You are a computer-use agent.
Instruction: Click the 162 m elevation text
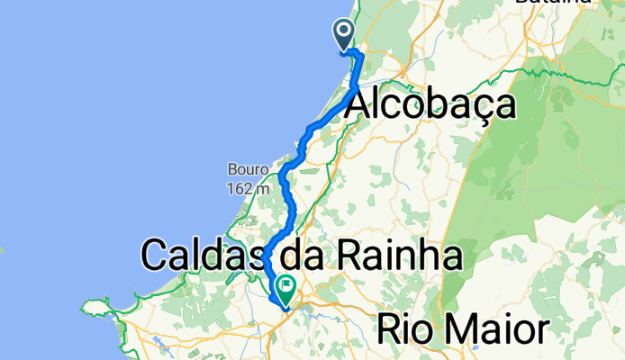[x=247, y=189]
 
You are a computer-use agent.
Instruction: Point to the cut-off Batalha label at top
[x=553, y=4]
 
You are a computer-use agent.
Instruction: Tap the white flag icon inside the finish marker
[x=286, y=286]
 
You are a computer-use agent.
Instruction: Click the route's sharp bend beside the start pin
[x=359, y=56]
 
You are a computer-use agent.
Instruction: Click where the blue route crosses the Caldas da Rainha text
[x=267, y=258]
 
